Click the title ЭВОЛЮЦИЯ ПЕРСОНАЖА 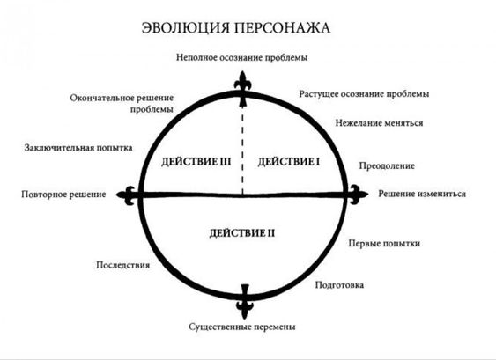pos(236,28)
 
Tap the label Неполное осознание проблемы pos(242,57)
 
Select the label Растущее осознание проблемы pos(364,94)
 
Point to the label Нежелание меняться pos(380,122)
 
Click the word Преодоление pos(387,166)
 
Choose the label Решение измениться pos(422,194)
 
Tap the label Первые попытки pos(384,243)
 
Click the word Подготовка pos(339,285)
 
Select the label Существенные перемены pos(242,327)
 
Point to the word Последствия pos(123,265)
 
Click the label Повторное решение pos(63,194)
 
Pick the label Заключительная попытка pos(78,148)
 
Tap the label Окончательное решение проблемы pos(122,104)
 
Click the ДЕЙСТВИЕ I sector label pos(289,162)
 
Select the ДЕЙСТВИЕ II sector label pos(242,233)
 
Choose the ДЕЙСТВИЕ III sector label pos(196,162)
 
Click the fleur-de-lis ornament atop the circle pos(242,89)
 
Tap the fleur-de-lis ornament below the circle pos(245,301)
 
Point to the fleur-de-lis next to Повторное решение pos(129,195)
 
